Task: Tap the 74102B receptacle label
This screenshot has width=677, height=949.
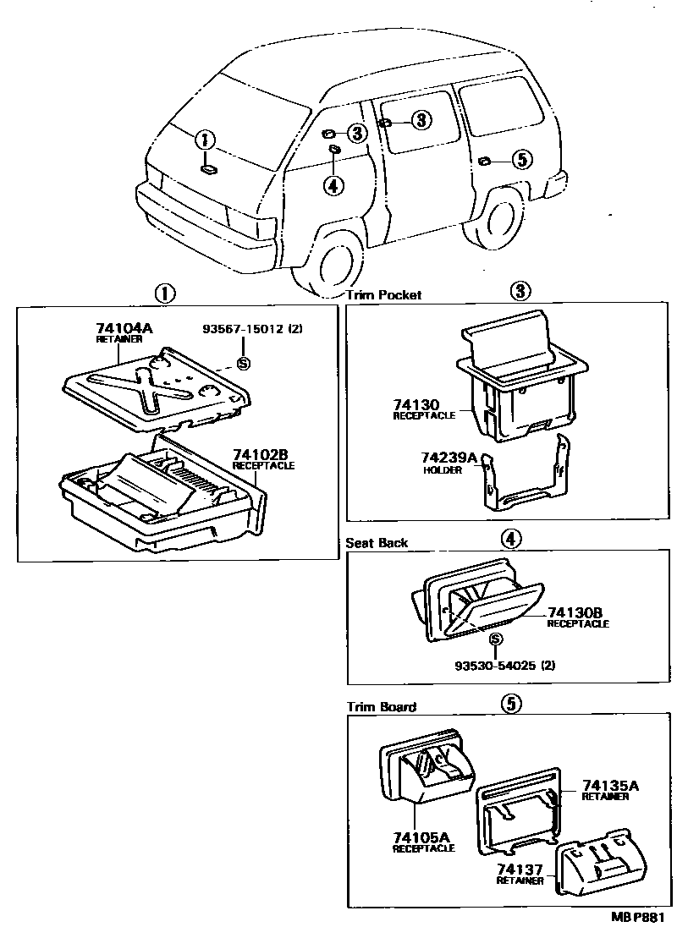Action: [x=263, y=458]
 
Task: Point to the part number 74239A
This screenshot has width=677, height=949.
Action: [x=449, y=458]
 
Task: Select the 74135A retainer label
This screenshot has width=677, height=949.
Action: [x=609, y=786]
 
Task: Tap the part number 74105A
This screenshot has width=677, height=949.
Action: [x=421, y=837]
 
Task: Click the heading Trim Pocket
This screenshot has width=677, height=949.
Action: [x=383, y=295]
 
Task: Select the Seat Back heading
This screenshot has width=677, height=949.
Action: [x=377, y=543]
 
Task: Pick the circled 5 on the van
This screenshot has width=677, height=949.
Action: [x=521, y=158]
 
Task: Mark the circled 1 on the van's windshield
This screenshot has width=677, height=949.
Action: [x=206, y=140]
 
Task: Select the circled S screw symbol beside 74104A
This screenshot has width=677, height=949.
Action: [x=244, y=363]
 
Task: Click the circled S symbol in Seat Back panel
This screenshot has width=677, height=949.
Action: [x=497, y=639]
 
